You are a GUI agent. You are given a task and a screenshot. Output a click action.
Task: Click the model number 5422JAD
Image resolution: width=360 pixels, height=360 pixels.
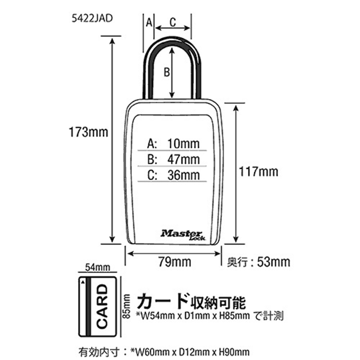pos(92,18)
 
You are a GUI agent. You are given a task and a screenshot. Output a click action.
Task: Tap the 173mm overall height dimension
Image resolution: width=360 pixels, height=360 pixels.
pos(88,132)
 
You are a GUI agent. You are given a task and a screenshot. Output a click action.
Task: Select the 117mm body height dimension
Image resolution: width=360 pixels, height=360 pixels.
pos(258,171)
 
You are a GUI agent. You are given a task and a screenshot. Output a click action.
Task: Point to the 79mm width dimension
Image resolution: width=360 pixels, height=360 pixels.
pos(175,262)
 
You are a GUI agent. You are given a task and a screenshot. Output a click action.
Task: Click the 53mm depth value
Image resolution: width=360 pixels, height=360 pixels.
pos(274,262)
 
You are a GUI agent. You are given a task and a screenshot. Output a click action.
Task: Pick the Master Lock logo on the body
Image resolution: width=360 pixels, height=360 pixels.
pos(183,235)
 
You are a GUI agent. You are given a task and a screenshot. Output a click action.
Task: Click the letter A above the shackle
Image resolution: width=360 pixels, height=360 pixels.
pos(149,22)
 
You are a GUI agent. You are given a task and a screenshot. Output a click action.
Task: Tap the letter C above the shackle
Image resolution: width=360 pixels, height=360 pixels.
pos(173,22)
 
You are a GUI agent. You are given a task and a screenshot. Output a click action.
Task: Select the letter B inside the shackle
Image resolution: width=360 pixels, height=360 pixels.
pos(166,72)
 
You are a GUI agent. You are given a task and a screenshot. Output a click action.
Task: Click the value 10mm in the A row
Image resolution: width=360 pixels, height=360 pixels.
pos(184,144)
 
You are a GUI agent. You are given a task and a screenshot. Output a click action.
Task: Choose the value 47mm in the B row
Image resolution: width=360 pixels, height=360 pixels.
pos(184,159)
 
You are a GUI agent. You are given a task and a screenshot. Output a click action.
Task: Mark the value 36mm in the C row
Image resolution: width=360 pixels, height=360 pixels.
pos(184,175)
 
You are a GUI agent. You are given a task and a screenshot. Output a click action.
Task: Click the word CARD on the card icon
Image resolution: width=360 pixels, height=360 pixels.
pos(102,306)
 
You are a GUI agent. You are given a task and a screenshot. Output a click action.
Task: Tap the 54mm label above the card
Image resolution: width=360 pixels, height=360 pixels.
pos(98,267)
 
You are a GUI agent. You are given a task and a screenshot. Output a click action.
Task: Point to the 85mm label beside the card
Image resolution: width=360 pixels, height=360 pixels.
pos(126,306)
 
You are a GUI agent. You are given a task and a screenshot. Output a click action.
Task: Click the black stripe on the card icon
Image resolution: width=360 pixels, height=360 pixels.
pos(88,306)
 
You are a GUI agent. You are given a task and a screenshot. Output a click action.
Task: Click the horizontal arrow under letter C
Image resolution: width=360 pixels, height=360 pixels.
pos(173,28)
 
